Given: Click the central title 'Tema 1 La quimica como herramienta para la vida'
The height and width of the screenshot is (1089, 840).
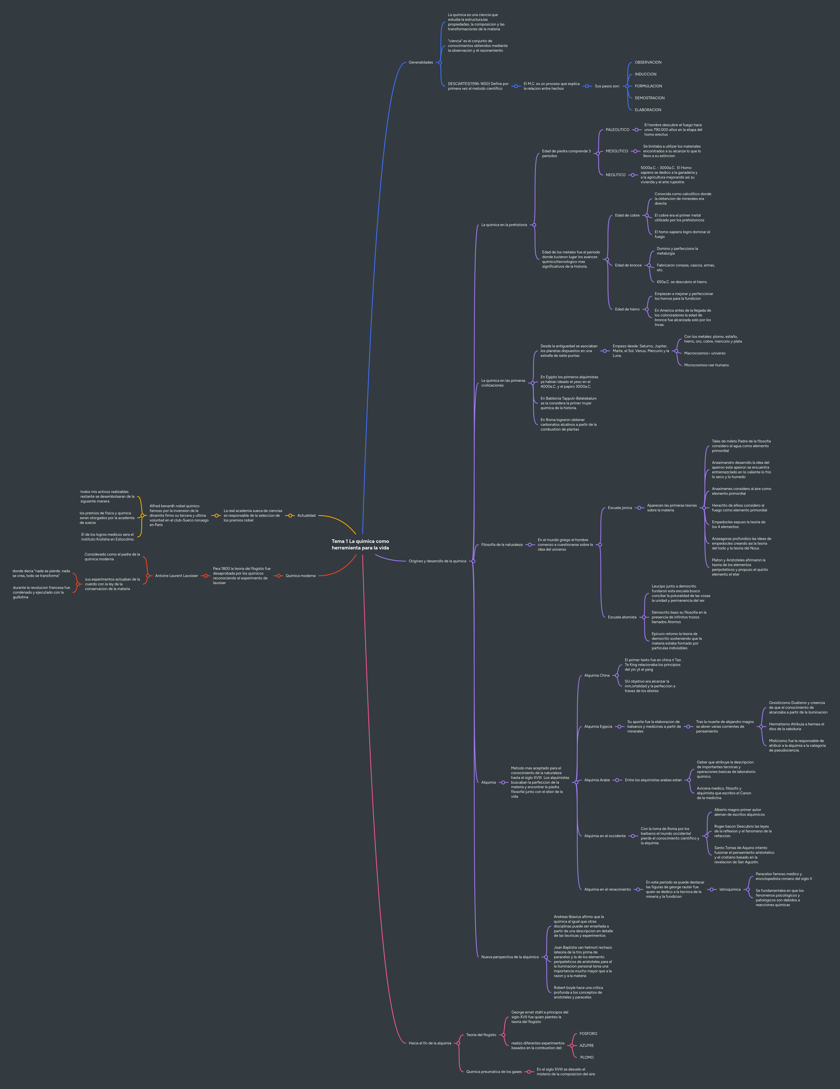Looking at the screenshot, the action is coord(360,544).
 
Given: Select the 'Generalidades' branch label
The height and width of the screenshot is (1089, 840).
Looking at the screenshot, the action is coord(420,62).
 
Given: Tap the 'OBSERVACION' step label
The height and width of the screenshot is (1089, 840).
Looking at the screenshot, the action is coord(648,62).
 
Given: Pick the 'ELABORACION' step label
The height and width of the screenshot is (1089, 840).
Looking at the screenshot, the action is coord(648,110).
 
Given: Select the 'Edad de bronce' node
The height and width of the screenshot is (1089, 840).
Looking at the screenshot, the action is coord(628,265).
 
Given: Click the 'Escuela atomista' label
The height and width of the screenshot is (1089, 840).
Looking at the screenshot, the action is coord(622,617).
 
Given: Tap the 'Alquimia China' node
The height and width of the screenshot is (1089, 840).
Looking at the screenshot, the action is coord(597,676).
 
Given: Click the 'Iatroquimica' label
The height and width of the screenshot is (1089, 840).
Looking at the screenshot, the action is coord(730,889).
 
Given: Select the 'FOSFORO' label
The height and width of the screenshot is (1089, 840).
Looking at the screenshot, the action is coord(588,1034).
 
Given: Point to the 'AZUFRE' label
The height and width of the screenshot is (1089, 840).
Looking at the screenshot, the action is coord(587,1046).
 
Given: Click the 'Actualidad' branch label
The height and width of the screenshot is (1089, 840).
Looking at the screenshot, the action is coord(306,516).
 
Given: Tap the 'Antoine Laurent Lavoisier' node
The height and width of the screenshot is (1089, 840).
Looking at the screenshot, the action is coord(177,576).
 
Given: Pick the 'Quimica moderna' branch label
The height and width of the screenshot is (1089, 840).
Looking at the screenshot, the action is coord(300,576).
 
